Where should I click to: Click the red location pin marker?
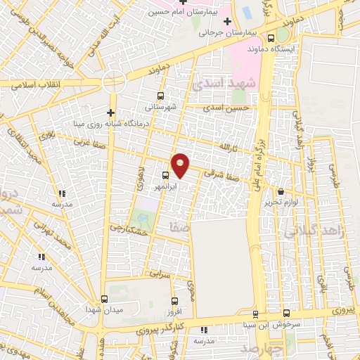pyautogui.click(x=181, y=165)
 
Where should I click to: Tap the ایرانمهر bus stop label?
pyautogui.click(x=166, y=187)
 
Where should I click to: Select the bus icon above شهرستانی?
pyautogui.click(x=161, y=96)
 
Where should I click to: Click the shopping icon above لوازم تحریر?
pyautogui.click(x=281, y=191)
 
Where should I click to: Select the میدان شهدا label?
pyautogui.click(x=104, y=309)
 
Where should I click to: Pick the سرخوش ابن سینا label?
pyautogui.click(x=286, y=324)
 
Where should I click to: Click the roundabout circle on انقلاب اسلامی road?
pyautogui.click(x=113, y=82)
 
